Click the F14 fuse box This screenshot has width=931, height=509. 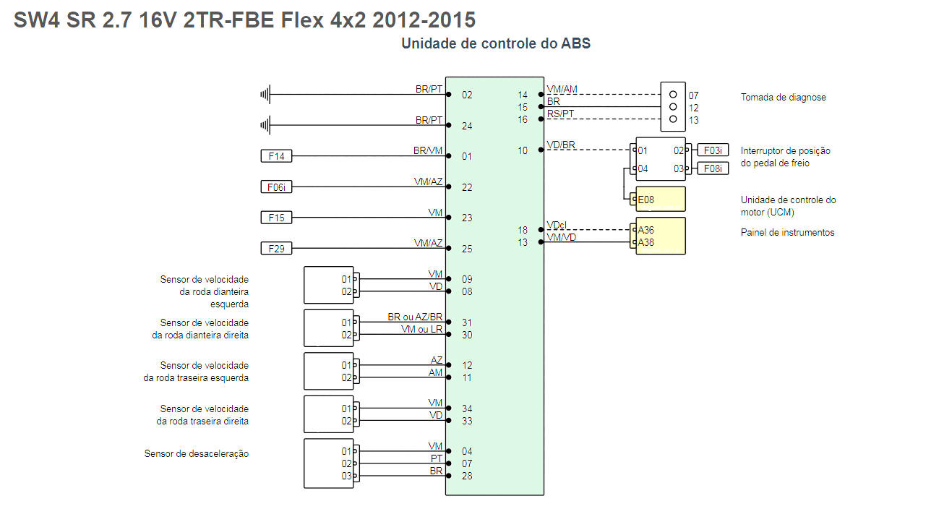pos(276,156)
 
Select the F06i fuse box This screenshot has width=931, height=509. pos(276,187)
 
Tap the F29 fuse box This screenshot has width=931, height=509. pos(276,249)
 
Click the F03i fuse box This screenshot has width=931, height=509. pos(712,150)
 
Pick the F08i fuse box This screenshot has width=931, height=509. pos(712,168)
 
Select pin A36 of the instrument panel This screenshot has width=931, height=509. pos(646,230)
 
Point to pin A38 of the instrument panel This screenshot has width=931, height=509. pos(646,242)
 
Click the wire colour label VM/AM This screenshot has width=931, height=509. pos(562,90)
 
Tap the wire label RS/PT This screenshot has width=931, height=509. pos(560,114)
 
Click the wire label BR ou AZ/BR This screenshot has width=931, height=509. pos(415,317)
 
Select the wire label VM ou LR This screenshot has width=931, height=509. pos(421,330)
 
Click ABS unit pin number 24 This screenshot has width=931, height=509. pos(467,126)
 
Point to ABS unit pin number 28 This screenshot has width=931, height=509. pos(467,476)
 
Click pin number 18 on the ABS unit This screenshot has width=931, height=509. pos(523,230)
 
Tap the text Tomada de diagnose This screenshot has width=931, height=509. pos(783,97)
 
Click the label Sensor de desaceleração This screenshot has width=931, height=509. pos(197,453)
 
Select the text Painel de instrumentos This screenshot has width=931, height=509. pos(787,232)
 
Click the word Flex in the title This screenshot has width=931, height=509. pos(302,20)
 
